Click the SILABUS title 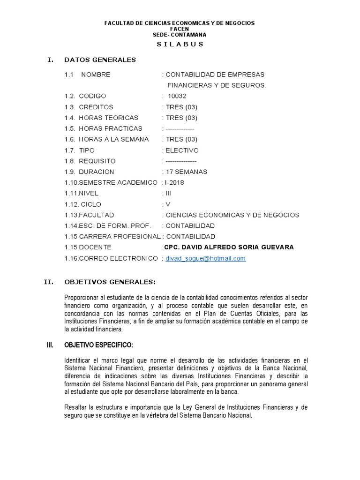pyautogui.click(x=180, y=45)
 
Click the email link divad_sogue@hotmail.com pyautogui.click(x=206, y=258)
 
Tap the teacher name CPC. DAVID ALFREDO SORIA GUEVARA pyautogui.click(x=229, y=247)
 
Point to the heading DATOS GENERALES pyautogui.click(x=100, y=60)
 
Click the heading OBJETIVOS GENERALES pyautogui.click(x=110, y=282)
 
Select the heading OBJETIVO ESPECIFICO pyautogui.click(x=98, y=345)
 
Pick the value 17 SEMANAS pyautogui.click(x=186, y=172)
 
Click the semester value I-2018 pyautogui.click(x=175, y=182)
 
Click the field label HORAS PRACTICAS pyautogui.click(x=110, y=128)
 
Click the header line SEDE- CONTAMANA pyautogui.click(x=180, y=35)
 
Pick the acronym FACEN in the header pyautogui.click(x=180, y=29)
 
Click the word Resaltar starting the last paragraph pyautogui.click(x=76, y=407)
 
